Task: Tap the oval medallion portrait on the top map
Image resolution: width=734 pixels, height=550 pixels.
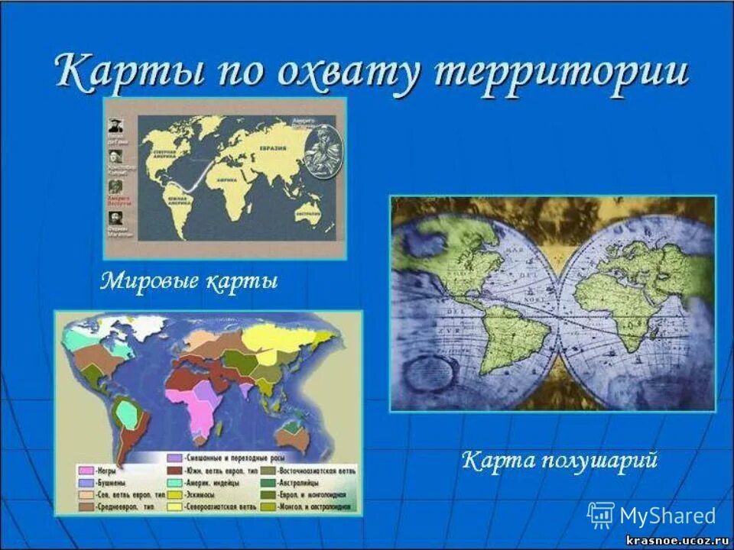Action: (319, 147)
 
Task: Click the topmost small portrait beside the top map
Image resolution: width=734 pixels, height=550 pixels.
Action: (115, 126)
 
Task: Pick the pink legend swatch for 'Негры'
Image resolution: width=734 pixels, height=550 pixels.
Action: (86, 471)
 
